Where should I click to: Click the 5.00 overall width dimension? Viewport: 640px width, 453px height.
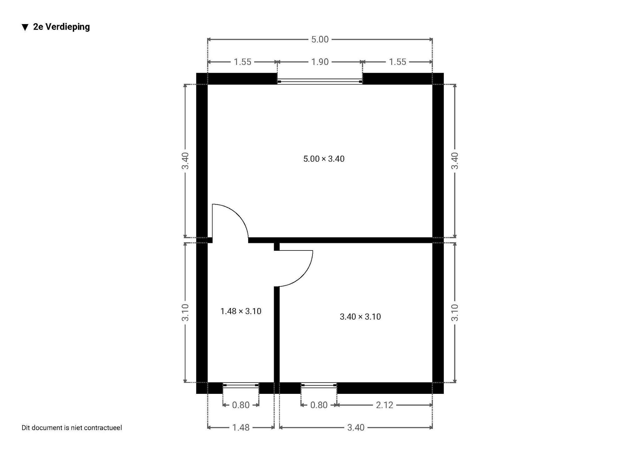[x=320, y=39]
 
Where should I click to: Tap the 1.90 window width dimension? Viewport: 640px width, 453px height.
[x=320, y=62]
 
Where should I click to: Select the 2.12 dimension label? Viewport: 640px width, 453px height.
[x=384, y=405]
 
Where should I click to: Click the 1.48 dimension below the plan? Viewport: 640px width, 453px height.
[x=241, y=427]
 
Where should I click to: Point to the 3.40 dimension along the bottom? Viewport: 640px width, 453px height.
[x=356, y=427]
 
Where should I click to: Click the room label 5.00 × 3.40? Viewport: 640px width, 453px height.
[x=324, y=159]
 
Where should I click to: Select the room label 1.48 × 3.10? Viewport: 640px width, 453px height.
[x=241, y=311]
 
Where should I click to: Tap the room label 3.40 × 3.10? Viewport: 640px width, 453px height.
[x=360, y=317]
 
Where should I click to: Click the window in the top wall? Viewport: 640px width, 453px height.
[x=320, y=82]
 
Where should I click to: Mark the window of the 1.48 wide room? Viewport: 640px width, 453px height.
[x=241, y=385]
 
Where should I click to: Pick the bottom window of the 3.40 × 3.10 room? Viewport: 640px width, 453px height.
[x=319, y=385]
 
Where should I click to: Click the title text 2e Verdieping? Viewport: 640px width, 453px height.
[x=62, y=27]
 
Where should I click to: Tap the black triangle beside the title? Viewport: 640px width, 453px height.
[x=25, y=28]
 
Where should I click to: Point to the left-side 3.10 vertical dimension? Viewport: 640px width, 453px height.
[x=185, y=312]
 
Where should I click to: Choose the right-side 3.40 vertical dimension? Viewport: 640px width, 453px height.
[x=455, y=161]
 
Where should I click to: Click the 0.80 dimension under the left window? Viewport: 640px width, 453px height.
[x=241, y=405]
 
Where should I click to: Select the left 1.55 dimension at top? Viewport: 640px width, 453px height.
[x=242, y=62]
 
